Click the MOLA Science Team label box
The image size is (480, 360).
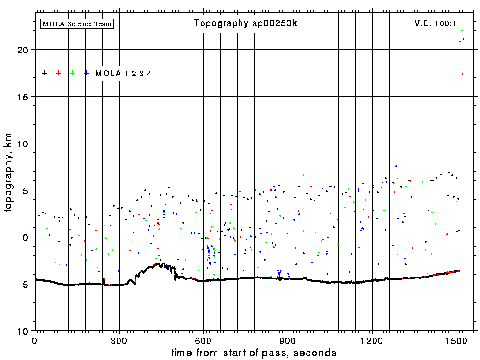point(77,23)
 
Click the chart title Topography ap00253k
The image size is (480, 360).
point(246,23)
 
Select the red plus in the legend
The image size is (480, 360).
point(59,73)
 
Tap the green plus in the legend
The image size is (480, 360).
point(73,73)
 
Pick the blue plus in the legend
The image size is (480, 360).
point(87,73)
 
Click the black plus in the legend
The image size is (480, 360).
point(45,73)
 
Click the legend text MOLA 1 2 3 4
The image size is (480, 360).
point(123,74)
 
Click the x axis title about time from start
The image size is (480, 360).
point(254,352)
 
